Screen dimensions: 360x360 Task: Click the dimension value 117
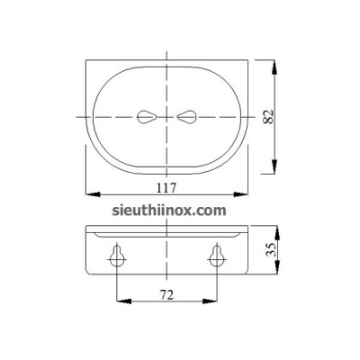click(x=165, y=187)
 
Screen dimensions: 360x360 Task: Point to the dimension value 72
click(x=165, y=295)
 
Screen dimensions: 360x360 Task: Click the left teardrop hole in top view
click(x=146, y=115)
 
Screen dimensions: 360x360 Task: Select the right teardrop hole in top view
click(x=188, y=115)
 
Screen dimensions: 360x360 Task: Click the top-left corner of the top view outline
click(x=86, y=59)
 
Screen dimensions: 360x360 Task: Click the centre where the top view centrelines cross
click(x=166, y=115)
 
